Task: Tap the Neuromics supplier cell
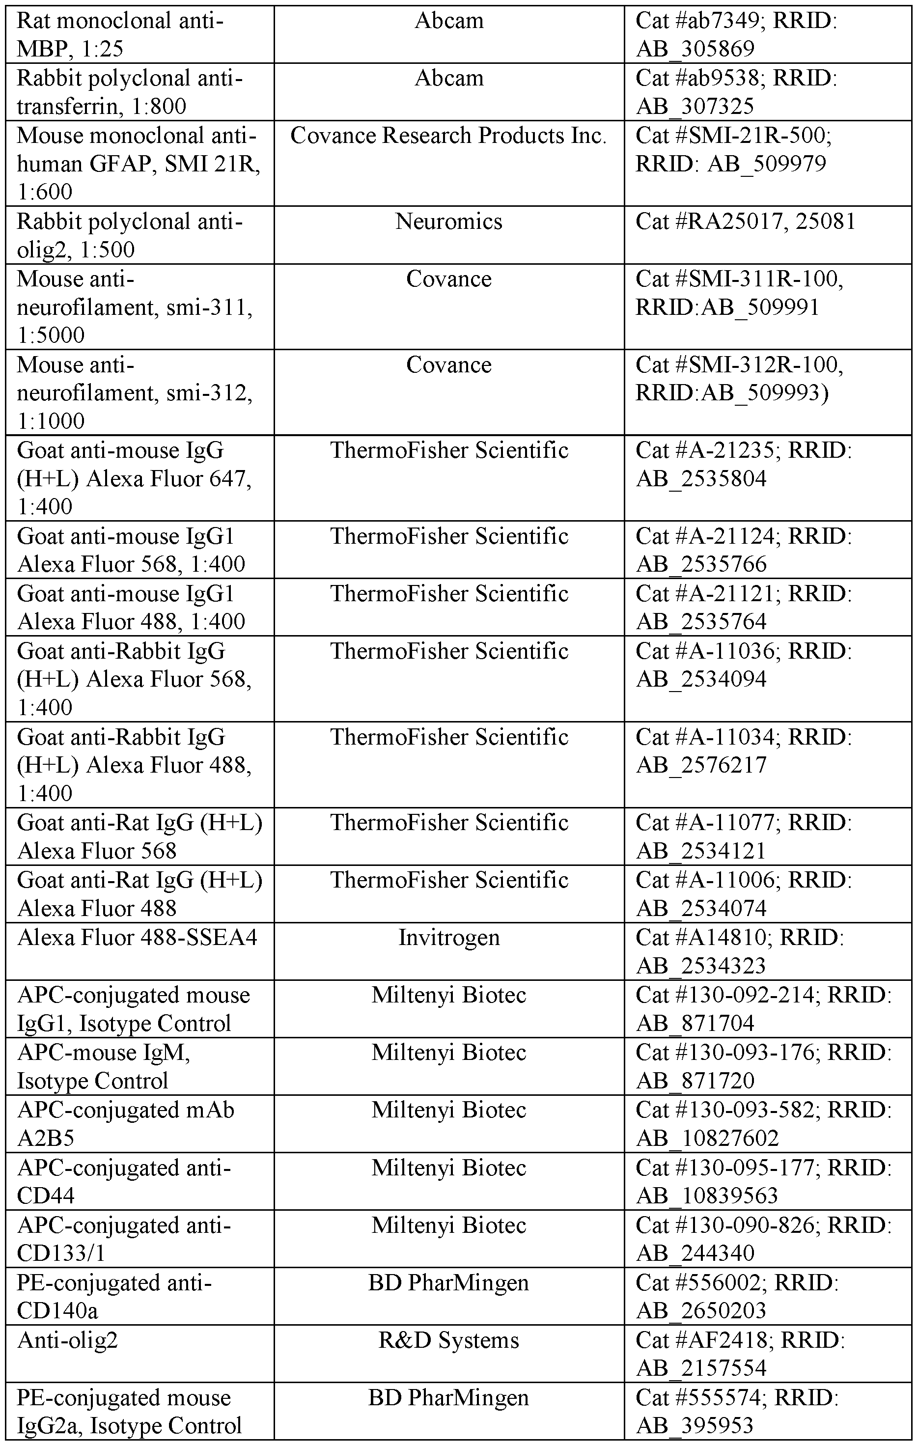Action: tap(448, 222)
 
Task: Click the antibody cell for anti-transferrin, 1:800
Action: tap(129, 92)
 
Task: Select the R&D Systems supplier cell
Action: tap(448, 1340)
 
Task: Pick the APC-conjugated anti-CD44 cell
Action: tap(124, 1181)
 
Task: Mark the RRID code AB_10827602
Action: tap(707, 1138)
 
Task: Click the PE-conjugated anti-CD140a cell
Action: tap(114, 1297)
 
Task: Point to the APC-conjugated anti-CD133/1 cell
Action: tap(124, 1239)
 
